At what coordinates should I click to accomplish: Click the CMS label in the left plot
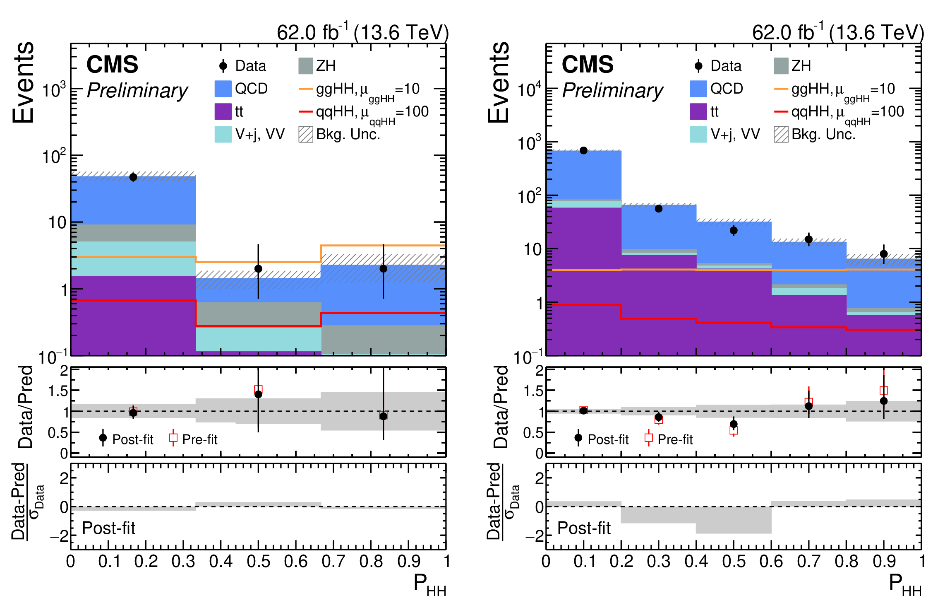click(x=112, y=65)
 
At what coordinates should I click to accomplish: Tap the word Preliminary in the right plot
click(x=612, y=90)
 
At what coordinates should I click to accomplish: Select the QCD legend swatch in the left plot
click(x=223, y=89)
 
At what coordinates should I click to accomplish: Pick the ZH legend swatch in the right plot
click(x=781, y=66)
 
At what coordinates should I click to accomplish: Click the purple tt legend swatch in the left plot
click(x=223, y=111)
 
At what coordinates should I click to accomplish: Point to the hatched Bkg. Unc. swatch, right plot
click(x=781, y=134)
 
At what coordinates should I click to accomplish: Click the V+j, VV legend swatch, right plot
click(x=698, y=134)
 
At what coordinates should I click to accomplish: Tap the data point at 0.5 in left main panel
click(x=258, y=268)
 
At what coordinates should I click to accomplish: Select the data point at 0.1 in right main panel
click(x=583, y=150)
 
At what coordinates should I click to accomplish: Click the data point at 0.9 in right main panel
click(x=884, y=254)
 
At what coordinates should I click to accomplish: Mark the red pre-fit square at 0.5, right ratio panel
click(x=734, y=431)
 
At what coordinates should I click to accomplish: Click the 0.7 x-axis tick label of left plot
click(x=333, y=562)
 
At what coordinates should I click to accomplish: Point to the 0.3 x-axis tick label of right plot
click(x=658, y=562)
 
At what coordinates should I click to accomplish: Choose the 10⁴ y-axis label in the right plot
click(x=529, y=89)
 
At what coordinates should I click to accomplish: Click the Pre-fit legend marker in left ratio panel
click(x=173, y=438)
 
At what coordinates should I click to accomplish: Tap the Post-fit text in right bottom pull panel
click(x=584, y=528)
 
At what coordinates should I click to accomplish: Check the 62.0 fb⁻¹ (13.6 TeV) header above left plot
click(x=362, y=32)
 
